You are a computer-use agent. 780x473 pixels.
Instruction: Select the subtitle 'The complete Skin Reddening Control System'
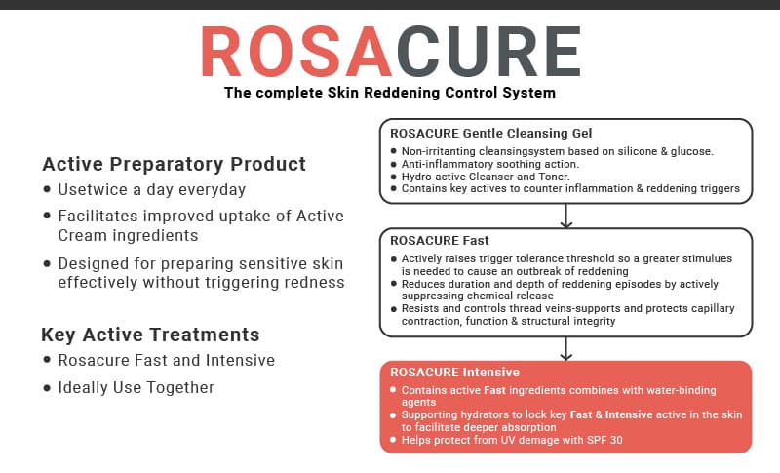pos(390,94)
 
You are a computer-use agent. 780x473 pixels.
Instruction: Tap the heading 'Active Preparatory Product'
pos(174,164)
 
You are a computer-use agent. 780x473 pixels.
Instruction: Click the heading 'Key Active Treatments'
pos(150,335)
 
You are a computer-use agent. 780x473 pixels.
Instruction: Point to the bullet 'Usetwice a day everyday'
pos(151,189)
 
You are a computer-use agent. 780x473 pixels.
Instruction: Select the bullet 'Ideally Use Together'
pos(136,387)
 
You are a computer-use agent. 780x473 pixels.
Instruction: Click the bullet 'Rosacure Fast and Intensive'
pos(166,361)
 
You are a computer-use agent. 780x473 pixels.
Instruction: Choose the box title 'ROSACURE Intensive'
pos(454,373)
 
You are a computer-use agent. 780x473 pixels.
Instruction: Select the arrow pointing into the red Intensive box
pos(565,348)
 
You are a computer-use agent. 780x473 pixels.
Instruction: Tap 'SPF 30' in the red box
pos(603,440)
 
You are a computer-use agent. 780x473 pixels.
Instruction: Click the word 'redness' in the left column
pos(314,283)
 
